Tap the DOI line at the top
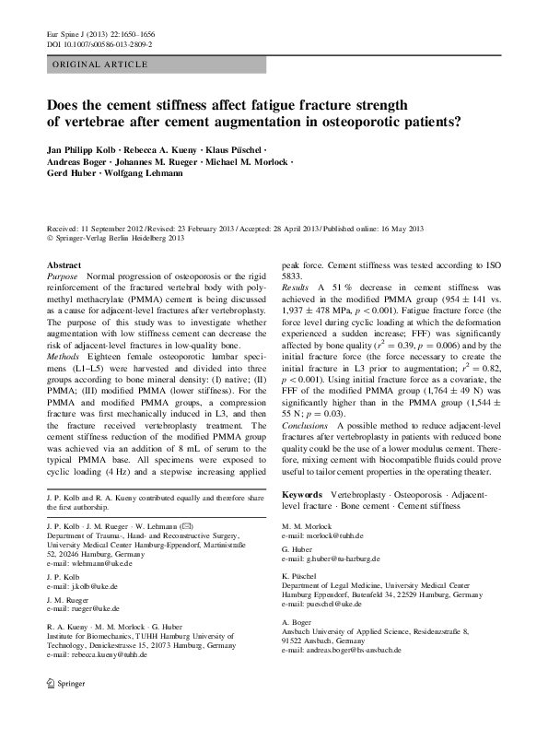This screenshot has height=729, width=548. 99,44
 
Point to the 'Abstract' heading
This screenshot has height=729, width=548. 64,265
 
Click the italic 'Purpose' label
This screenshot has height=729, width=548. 63,276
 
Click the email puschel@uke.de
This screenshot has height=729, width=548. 334,604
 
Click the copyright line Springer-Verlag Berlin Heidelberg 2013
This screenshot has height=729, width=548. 127,237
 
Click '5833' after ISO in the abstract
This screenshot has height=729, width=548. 292,276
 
